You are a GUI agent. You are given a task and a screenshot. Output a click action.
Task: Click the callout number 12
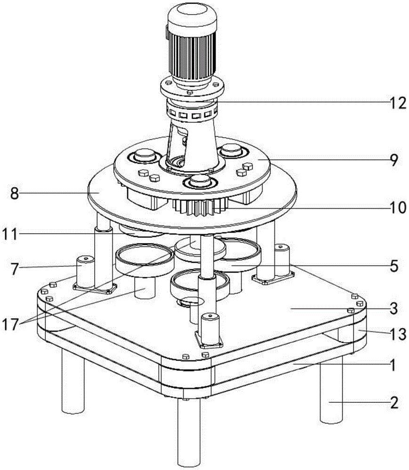click(x=398, y=103)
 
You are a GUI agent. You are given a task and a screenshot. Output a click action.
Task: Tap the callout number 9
click(x=394, y=160)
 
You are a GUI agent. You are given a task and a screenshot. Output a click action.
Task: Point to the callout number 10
click(x=398, y=207)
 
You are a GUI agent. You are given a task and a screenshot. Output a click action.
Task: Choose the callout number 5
click(x=394, y=266)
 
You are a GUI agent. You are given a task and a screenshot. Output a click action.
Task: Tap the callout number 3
click(x=394, y=308)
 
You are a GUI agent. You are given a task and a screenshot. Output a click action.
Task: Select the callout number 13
click(x=398, y=334)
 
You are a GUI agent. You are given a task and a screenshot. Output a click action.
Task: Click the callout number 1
click(x=393, y=365)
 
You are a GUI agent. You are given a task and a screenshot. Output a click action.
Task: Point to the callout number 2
click(x=394, y=403)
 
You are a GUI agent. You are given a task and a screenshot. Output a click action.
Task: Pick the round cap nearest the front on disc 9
click(x=200, y=181)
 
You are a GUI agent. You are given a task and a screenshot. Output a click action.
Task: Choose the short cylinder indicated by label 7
click(x=86, y=271)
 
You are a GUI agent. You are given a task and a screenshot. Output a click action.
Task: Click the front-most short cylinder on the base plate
click(x=210, y=328)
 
